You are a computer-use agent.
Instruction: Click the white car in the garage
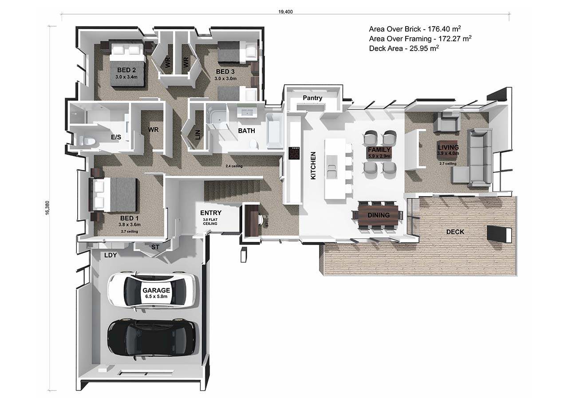[x=154, y=290]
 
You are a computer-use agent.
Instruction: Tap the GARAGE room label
[x=156, y=290]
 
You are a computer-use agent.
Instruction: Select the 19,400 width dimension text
[x=285, y=12]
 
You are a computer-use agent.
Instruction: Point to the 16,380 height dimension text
[x=47, y=208]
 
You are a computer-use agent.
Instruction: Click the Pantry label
[x=312, y=98]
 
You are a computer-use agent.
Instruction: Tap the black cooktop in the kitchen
[x=294, y=153]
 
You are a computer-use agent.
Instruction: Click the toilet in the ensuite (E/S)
[x=87, y=140]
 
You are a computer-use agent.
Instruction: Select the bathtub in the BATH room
[x=275, y=131]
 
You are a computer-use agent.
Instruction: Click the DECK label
[x=455, y=232]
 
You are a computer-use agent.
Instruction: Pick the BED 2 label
[x=126, y=70]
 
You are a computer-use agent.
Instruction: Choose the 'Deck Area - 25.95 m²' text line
[x=404, y=48]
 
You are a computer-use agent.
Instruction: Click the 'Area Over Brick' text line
[x=415, y=29]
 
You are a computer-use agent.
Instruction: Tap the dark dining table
[x=378, y=215]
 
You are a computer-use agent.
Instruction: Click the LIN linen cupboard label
[x=198, y=134]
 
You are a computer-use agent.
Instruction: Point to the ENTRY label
[x=211, y=213]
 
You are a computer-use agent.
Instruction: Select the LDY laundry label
[x=110, y=255]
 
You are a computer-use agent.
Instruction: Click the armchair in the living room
[x=446, y=122]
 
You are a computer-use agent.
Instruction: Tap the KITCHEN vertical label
[x=313, y=166]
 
